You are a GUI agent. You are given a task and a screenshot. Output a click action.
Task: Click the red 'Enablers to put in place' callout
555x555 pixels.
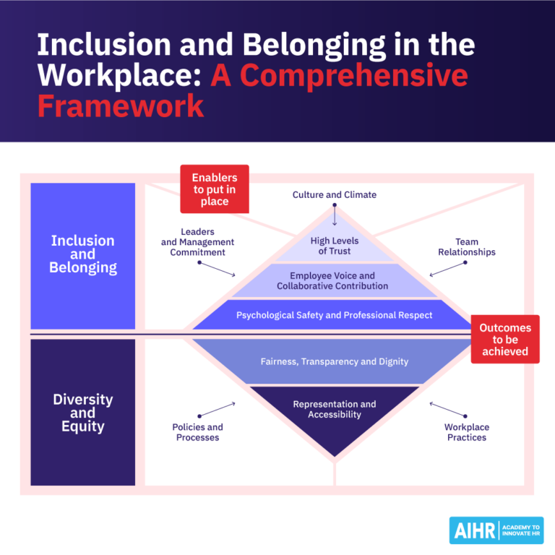pos(214,189)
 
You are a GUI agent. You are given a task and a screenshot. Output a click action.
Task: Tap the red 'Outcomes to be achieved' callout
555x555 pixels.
pos(505,339)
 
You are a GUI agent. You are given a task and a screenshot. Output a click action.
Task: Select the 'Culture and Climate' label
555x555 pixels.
pos(334,194)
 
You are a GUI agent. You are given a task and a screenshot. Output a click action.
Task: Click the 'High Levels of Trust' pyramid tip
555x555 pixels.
pos(334,246)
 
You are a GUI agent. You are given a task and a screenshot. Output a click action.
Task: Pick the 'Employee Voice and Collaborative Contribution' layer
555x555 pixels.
pos(334,280)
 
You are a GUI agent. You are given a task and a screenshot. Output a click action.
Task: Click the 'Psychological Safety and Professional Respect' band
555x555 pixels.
pos(334,315)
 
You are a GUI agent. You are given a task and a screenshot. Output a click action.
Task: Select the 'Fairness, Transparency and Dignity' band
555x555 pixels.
pos(334,361)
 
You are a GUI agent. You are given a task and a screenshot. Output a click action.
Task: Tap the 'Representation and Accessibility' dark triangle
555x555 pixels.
pos(334,412)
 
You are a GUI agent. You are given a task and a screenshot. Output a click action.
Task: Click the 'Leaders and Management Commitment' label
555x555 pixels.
pos(197,242)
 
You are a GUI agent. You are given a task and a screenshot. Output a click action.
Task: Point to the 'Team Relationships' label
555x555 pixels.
pos(466,247)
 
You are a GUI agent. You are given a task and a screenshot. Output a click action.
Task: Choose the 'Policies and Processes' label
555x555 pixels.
pos(197,432)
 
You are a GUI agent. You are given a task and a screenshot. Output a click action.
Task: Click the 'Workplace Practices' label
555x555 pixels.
pos(466,432)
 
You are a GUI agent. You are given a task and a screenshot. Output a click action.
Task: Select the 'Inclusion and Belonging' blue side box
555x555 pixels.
pos(82,254)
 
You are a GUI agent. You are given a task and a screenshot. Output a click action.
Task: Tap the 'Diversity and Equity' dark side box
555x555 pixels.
pos(82,412)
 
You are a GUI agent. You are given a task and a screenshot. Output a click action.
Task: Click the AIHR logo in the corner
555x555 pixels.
pos(495,530)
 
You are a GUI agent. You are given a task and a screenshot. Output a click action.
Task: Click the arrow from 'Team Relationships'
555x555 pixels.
pos(447,268)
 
